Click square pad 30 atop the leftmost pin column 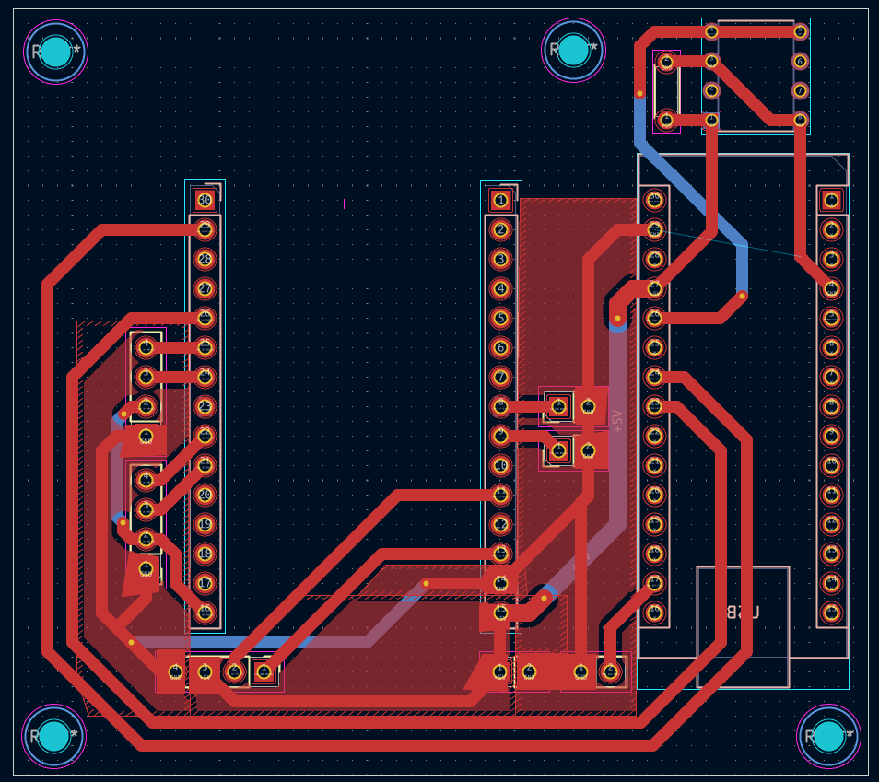[205, 200]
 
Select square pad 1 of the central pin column [500, 200]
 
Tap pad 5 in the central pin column [500, 318]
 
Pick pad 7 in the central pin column [500, 377]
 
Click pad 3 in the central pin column [500, 259]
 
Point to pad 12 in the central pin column [500, 524]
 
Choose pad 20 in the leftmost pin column [205, 495]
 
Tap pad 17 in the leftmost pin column [205, 583]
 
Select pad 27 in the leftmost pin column [205, 288]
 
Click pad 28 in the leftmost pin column [205, 259]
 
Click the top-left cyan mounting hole [56, 52]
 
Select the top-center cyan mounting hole [573, 50]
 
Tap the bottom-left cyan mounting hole [54, 736]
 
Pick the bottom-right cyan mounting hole [828, 736]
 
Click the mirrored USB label [743, 612]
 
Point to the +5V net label [617, 421]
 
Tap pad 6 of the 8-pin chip [800, 62]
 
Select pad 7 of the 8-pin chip [800, 90]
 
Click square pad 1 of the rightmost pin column [831, 200]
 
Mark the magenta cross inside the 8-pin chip [756, 76]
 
